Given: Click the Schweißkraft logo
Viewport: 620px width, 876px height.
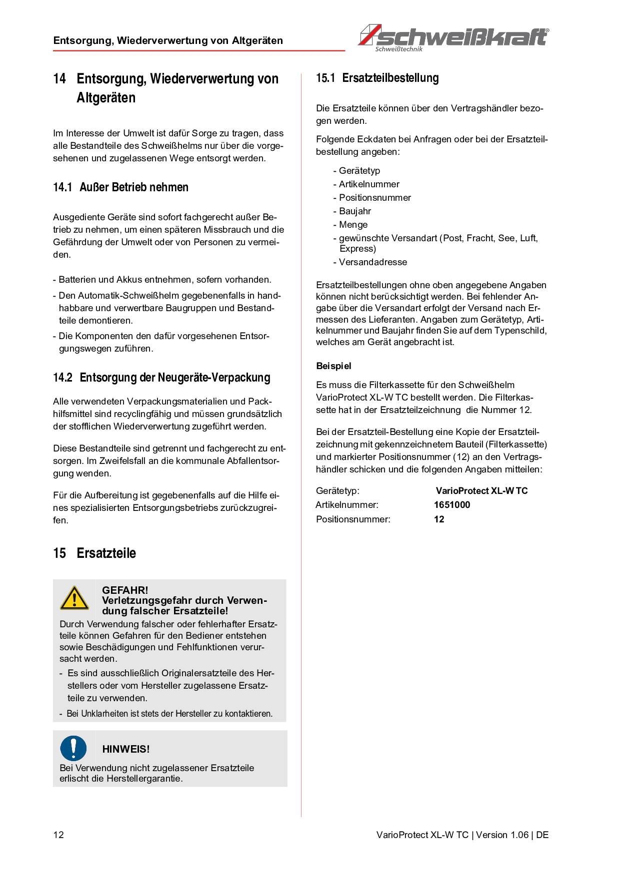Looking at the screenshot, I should coord(453,37).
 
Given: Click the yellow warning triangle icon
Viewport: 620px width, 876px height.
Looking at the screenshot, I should coord(74,598).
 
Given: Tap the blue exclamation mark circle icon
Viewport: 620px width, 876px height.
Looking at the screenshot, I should coord(73,748).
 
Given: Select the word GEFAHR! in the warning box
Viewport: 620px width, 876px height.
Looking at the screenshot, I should coord(125,590).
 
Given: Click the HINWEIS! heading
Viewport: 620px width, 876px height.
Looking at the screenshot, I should coord(126,749).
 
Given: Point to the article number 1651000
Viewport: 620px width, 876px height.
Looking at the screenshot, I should coord(452,505).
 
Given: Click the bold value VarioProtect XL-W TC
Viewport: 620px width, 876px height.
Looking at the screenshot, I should coord(481,491).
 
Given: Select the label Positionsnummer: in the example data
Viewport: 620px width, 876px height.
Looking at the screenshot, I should coord(353,519).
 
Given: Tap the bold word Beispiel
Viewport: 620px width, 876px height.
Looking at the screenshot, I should coord(333,366).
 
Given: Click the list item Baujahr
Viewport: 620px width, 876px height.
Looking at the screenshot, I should coord(354,211).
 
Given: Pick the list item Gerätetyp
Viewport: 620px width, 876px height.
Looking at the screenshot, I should coord(359,171).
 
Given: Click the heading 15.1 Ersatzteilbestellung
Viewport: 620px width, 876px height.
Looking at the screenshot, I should coord(377,78).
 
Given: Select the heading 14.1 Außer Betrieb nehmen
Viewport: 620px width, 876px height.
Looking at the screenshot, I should coord(120,187).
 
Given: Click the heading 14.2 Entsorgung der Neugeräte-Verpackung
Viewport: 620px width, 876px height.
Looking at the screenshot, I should coord(161,378).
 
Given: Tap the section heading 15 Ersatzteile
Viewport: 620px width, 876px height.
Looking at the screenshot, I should coord(94,553).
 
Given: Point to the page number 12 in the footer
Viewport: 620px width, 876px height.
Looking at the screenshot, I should coord(58,835).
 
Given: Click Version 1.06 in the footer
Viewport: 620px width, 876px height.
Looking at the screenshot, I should coord(502,835).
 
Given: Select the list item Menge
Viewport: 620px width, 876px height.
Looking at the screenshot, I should coord(353,225).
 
